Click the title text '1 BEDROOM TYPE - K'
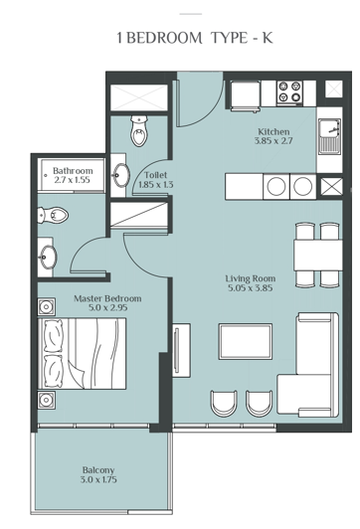click(x=180, y=39)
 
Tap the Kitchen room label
click(x=273, y=132)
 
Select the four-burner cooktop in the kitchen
click(x=290, y=92)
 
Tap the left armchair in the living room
click(x=225, y=403)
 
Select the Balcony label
click(x=98, y=470)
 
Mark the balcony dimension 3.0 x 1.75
click(x=98, y=481)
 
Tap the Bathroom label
click(x=73, y=171)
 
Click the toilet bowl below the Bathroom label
click(x=54, y=215)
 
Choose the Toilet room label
click(x=155, y=174)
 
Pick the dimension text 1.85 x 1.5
click(x=155, y=185)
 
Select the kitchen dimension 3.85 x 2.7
click(x=273, y=143)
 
